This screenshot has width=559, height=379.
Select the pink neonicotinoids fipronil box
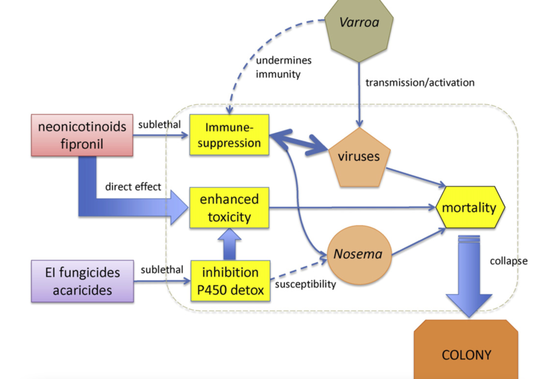point(82,135)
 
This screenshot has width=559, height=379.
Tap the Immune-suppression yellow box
point(229,135)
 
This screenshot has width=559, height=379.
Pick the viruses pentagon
point(359,157)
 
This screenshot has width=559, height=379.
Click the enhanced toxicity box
point(229,207)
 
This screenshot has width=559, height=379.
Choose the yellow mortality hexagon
point(469,207)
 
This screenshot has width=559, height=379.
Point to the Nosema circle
point(359,254)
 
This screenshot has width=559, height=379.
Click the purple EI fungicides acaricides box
point(82,280)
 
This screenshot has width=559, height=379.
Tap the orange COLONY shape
point(466,352)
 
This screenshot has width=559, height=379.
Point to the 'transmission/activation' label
point(420,83)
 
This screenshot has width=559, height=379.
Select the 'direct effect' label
point(133,187)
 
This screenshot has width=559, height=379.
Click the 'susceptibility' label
point(305,284)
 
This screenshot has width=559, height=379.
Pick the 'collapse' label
point(508,261)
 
